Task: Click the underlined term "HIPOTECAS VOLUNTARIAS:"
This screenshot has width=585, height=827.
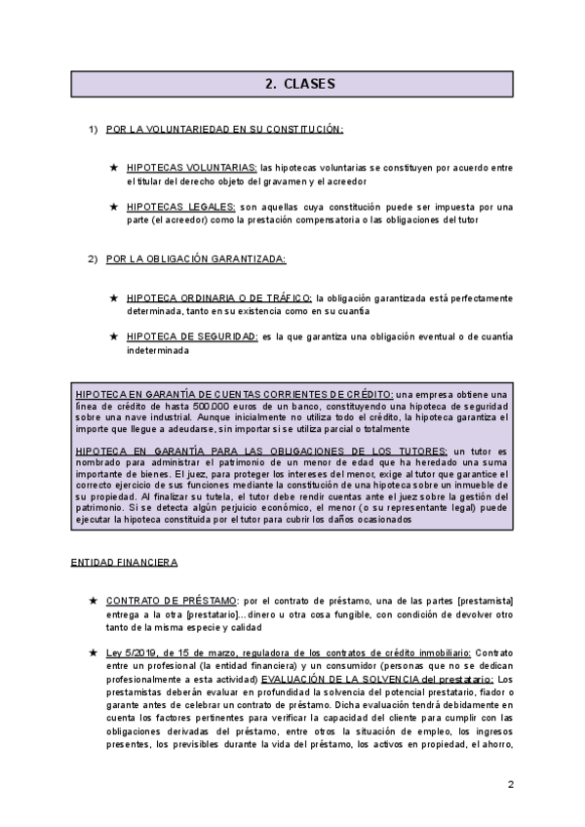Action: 192,168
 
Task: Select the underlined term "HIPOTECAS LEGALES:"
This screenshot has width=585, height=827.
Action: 180,207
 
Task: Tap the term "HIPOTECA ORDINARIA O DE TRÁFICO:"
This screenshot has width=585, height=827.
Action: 219,297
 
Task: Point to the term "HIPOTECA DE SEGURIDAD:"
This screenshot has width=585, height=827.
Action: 191,336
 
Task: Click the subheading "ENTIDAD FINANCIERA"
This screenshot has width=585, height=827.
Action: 124,563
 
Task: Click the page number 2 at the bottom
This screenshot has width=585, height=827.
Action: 510,784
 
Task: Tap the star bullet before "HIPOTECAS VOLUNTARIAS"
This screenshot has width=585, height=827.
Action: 115,168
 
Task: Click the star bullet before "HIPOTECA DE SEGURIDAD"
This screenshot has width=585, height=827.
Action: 115,336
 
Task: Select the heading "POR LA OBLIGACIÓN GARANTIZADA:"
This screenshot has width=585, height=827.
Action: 196,258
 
